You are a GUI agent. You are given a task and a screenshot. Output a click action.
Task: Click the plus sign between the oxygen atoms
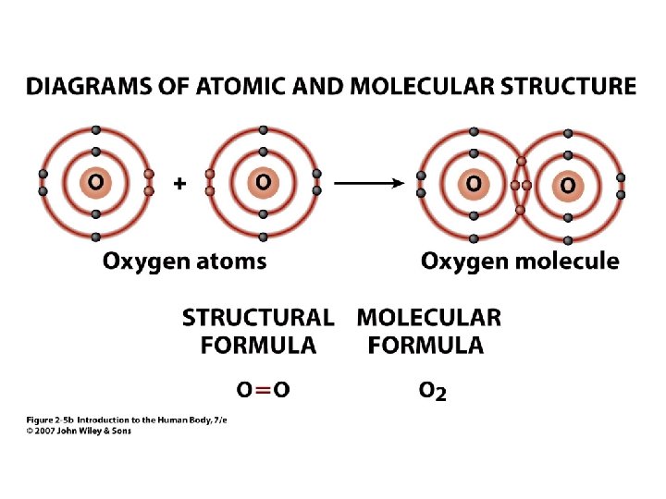pyautogui.click(x=179, y=184)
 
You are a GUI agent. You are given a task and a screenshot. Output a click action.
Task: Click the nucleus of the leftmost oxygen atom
pyautogui.click(x=96, y=183)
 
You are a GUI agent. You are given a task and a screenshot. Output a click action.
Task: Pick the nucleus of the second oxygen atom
pyautogui.click(x=264, y=183)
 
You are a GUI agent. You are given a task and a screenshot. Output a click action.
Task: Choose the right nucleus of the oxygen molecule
pyautogui.click(x=567, y=186)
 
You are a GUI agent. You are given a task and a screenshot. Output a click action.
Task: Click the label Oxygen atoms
pyautogui.click(x=184, y=262)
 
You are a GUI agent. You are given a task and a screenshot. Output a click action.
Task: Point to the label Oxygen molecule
pyautogui.click(x=520, y=262)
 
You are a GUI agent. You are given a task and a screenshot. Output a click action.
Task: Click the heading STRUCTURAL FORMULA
pyautogui.click(x=258, y=332)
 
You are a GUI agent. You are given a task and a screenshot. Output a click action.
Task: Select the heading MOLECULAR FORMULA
pyautogui.click(x=428, y=332)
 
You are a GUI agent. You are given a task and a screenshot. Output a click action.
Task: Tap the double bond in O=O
pyautogui.click(x=263, y=390)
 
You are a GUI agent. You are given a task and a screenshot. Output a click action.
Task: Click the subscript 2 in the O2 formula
pyautogui.click(x=441, y=395)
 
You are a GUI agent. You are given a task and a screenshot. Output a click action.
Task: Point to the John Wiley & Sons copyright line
pyautogui.click(x=78, y=431)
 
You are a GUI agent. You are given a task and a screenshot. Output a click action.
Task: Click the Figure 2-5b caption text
pyautogui.click(x=125, y=420)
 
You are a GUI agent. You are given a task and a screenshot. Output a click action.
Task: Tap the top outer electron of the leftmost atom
pyautogui.click(x=96, y=130)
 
